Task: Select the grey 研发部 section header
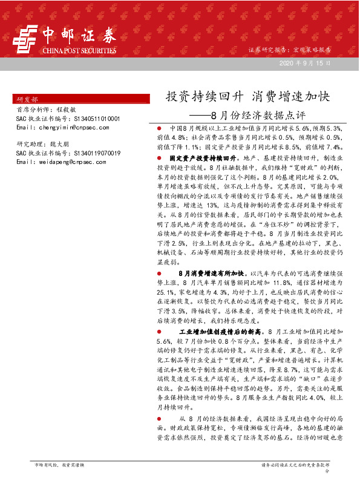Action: pyautogui.click(x=27, y=99)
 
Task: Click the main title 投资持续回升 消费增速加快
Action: pyautogui.click(x=247, y=97)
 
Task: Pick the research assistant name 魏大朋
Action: pyautogui.click(x=59, y=145)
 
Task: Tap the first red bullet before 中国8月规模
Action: pyautogui.click(x=159, y=129)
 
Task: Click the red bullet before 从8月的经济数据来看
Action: pyautogui.click(x=159, y=419)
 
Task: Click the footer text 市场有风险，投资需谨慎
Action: pyautogui.click(x=61, y=464)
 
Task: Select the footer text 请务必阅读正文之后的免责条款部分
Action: pyautogui.click(x=295, y=465)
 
